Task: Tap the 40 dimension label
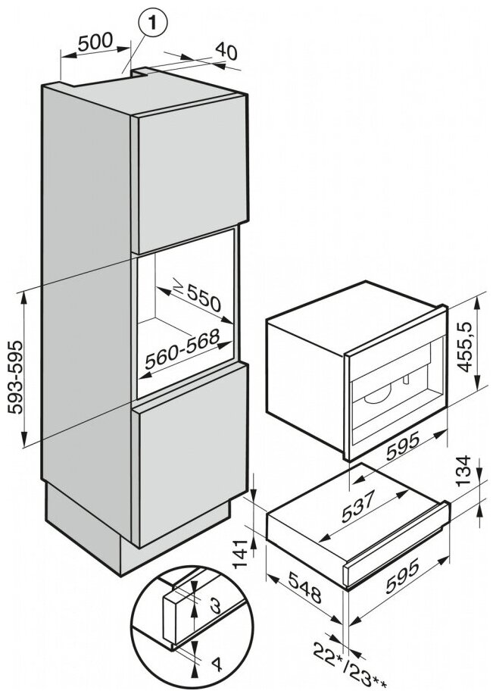click(226, 52)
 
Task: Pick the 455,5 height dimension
click(474, 344)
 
